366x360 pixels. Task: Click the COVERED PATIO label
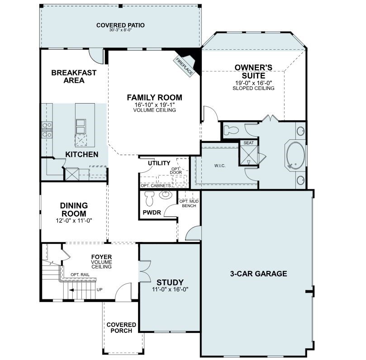coord(120,25)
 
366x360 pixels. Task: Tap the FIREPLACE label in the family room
coord(185,66)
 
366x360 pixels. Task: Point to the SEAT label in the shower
coord(249,143)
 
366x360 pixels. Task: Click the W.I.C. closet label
coord(220,166)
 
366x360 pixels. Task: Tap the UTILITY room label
coord(159,163)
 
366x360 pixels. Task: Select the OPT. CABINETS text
coord(156,185)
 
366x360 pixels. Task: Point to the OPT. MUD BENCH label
coord(188,204)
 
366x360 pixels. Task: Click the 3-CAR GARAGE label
coord(259,274)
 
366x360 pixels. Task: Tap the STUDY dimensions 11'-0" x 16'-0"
coord(170,289)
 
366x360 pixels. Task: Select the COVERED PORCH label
coord(121,327)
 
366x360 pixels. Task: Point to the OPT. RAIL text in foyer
coord(80,275)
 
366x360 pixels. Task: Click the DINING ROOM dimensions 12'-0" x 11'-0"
coord(74,221)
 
